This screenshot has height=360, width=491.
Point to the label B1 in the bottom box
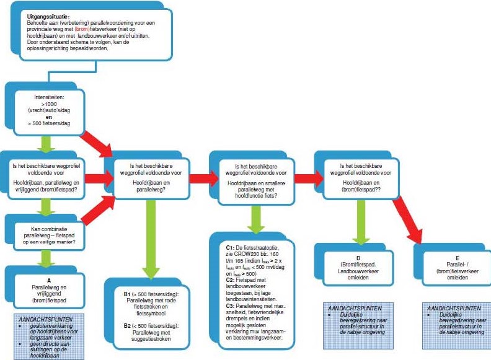coord(126,292)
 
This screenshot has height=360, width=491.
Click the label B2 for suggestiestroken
coord(126,325)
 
